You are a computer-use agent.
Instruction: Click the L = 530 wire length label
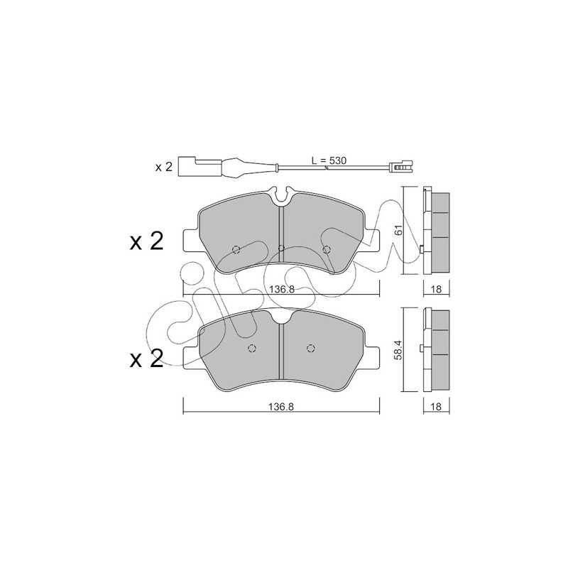329,160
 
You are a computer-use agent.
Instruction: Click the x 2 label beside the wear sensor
163,168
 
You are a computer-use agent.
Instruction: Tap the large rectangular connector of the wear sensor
187,167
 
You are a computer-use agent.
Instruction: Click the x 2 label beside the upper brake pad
146,241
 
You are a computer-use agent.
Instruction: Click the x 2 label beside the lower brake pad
146,359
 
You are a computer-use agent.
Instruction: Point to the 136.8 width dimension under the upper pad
281,289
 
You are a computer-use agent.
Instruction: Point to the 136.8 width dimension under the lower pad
280,406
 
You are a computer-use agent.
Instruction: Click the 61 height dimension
398,230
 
